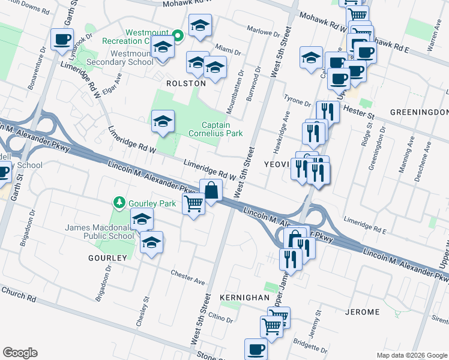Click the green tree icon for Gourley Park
(x=120, y=203)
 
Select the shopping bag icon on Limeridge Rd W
(x=211, y=191)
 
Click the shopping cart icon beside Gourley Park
(x=193, y=204)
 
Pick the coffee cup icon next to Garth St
(x=62, y=40)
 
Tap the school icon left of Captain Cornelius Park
(x=163, y=122)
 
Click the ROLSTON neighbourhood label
(x=186, y=84)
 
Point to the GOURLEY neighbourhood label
(x=109, y=258)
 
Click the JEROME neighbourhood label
(x=363, y=312)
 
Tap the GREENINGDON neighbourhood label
(x=419, y=112)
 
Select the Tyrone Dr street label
(x=297, y=103)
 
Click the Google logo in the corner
(x=20, y=353)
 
